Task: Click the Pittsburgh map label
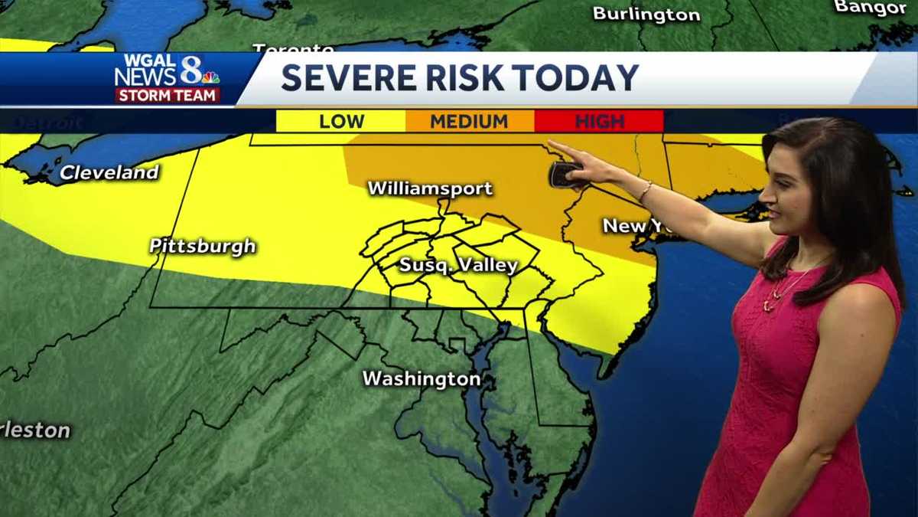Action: [x=203, y=247]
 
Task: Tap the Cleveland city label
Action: [x=109, y=172]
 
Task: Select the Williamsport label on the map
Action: [x=430, y=188]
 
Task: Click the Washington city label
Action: [x=422, y=378]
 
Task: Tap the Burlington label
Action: [x=646, y=15]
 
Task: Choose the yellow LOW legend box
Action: [x=341, y=121]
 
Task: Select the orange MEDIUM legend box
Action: [x=469, y=121]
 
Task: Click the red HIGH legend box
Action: [x=599, y=121]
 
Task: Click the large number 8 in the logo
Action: [x=190, y=70]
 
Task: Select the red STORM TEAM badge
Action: [x=168, y=95]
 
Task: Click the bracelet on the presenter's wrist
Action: [x=646, y=191]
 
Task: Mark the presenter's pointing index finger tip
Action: [x=551, y=143]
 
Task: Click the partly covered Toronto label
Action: [x=282, y=49]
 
